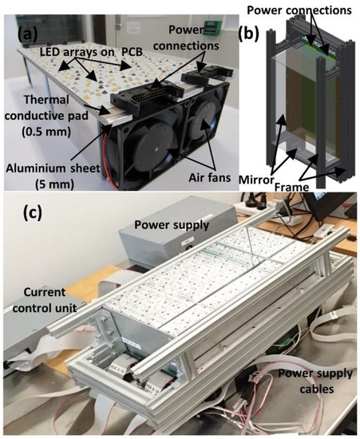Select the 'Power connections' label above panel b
pos(300,10)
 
